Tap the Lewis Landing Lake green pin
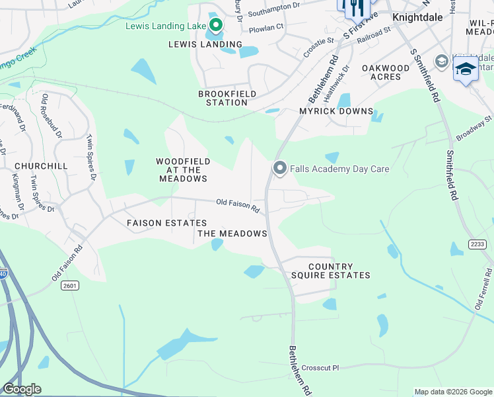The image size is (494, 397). click(215, 26)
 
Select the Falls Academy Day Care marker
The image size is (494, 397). click(279, 169)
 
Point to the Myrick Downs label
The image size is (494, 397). click(336, 111)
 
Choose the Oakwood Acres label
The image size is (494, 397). click(386, 72)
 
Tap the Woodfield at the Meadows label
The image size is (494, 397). click(183, 170)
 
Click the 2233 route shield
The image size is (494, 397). click(477, 244)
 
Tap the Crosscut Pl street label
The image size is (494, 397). click(320, 368)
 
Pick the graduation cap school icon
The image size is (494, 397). click(466, 69)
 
